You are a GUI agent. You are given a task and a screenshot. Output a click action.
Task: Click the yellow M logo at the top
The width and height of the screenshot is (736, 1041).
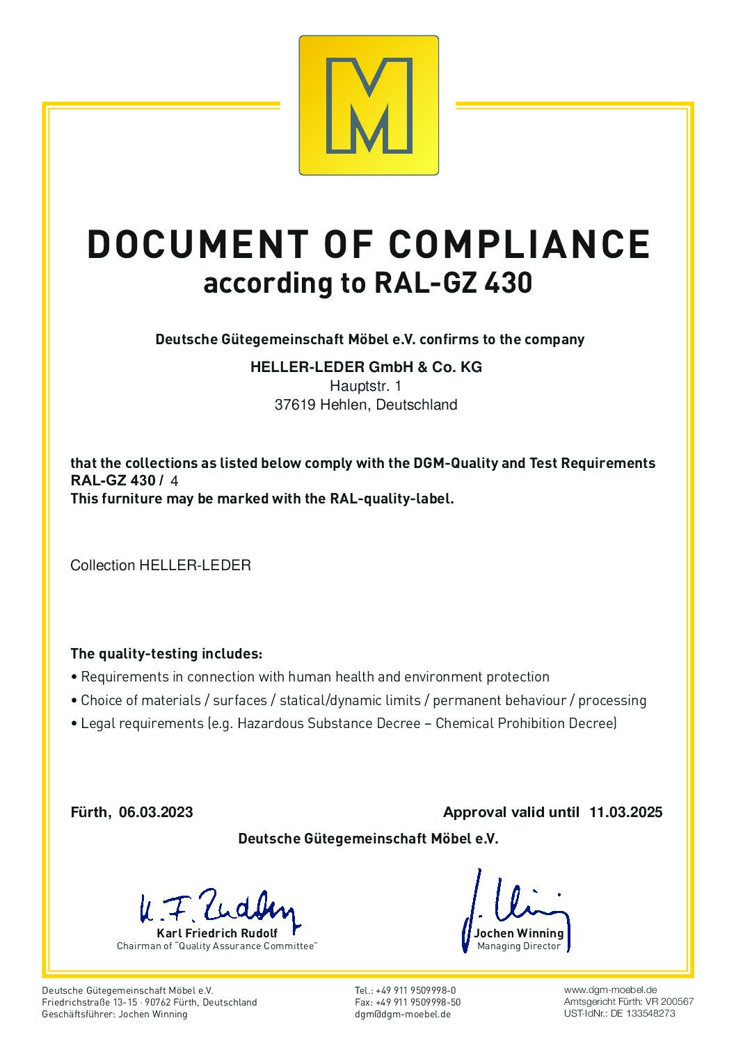coord(369,105)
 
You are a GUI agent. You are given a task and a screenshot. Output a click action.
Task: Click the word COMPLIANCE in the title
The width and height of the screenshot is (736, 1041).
coord(519,244)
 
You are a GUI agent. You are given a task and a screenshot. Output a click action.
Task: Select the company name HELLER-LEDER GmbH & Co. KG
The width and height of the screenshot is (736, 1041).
coord(366,367)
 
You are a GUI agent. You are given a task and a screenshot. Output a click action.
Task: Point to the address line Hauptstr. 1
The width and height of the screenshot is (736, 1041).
coord(365,386)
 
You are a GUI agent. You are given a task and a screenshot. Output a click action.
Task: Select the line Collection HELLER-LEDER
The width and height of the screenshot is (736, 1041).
coord(161,565)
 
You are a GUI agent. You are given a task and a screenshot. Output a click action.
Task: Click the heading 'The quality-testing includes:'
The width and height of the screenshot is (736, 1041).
coord(166,654)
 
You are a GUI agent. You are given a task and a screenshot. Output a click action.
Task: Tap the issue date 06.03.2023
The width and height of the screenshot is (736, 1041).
coord(156,812)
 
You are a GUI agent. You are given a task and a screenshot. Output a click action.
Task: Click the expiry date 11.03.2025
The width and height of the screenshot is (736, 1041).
coord(625,812)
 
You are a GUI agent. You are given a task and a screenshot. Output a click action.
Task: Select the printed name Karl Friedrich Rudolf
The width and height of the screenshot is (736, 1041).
coord(217,933)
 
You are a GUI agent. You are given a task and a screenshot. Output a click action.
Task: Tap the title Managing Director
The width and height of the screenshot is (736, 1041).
coord(519,946)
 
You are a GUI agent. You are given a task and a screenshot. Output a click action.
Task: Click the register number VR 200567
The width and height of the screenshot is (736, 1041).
coord(667,1001)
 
